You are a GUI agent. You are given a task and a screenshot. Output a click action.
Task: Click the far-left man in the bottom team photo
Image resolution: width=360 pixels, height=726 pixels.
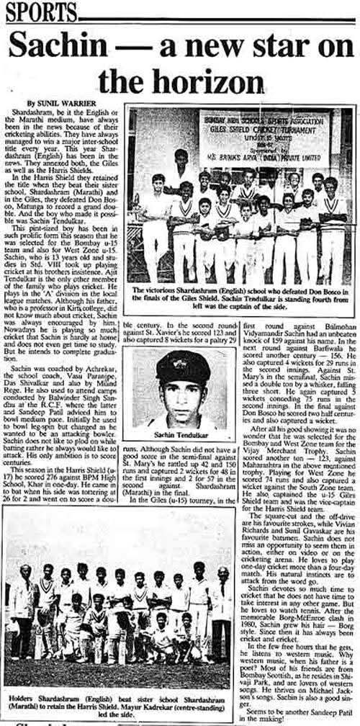24,594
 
